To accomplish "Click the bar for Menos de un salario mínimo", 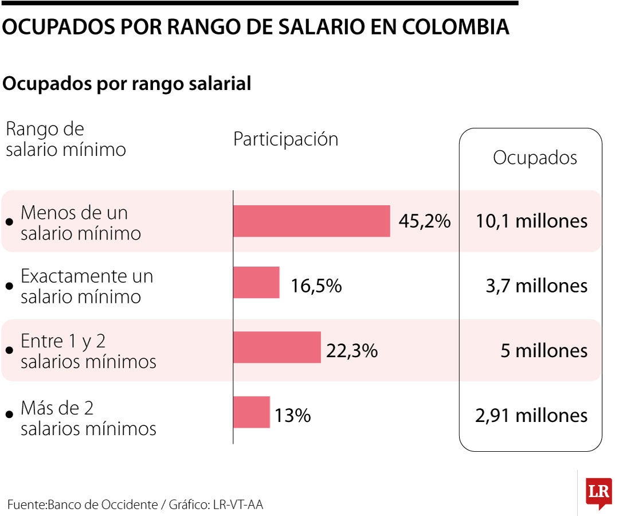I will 311,221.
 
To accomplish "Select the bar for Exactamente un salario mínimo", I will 256,282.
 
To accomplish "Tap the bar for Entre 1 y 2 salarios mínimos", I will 277,347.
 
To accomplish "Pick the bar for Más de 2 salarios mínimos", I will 251,412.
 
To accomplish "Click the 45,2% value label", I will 425,221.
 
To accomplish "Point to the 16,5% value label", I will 316,286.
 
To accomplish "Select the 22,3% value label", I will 352,350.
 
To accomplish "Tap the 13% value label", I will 292,415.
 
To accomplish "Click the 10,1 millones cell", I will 531,221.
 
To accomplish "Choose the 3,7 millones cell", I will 536,286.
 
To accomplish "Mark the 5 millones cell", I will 544,350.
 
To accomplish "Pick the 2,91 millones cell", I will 531,415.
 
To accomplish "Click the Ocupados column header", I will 535,158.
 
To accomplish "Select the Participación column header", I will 285,139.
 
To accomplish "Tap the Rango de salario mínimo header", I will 65,139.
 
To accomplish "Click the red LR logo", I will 598,492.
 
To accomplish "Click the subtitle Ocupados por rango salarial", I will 127,84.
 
